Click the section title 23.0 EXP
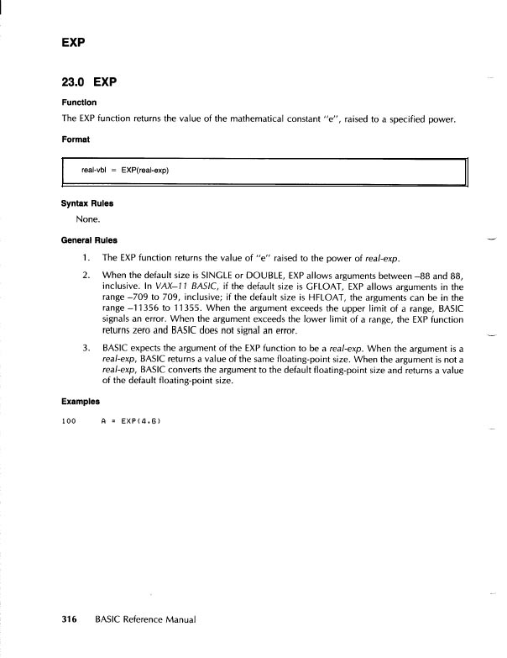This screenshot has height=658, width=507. pyautogui.click(x=88, y=82)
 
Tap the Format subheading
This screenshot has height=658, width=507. pyautogui.click(x=76, y=139)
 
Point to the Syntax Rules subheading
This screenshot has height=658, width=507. pyautogui.click(x=87, y=203)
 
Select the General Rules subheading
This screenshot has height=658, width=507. pyautogui.click(x=89, y=240)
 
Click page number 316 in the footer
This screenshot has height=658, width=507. pyautogui.click(x=70, y=619)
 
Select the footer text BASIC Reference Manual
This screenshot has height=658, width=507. pyautogui.click(x=145, y=619)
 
